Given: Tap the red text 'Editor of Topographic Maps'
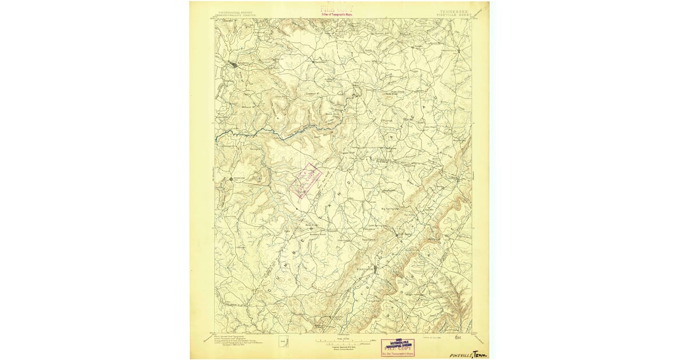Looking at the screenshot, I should coord(337,14).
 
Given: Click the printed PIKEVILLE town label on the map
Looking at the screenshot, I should coord(364,267).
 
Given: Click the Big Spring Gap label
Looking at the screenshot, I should coord(392,209).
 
